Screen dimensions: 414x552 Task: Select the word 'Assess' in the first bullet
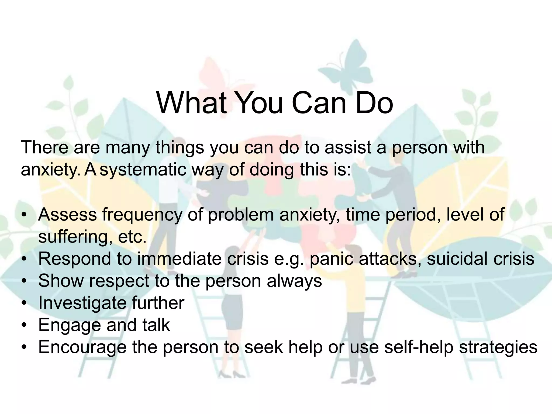click(67, 215)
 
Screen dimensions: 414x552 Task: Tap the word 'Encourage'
click(82, 347)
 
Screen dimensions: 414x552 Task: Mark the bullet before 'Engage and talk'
click(25, 325)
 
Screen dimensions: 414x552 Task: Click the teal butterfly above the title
click(356, 61)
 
